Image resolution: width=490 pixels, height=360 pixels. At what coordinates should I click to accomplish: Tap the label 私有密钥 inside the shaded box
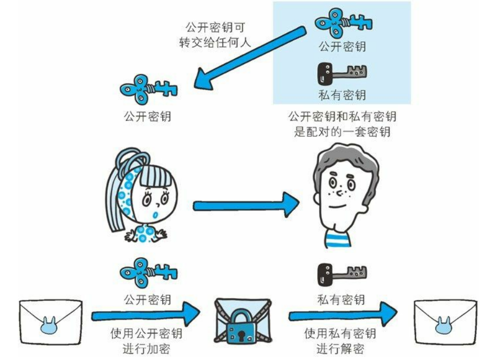342,96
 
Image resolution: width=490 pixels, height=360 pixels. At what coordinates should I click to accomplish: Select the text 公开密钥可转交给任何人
214,35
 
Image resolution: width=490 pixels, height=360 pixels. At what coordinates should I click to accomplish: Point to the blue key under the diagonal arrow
148,89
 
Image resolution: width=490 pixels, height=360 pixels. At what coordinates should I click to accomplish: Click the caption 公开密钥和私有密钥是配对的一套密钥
342,124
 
